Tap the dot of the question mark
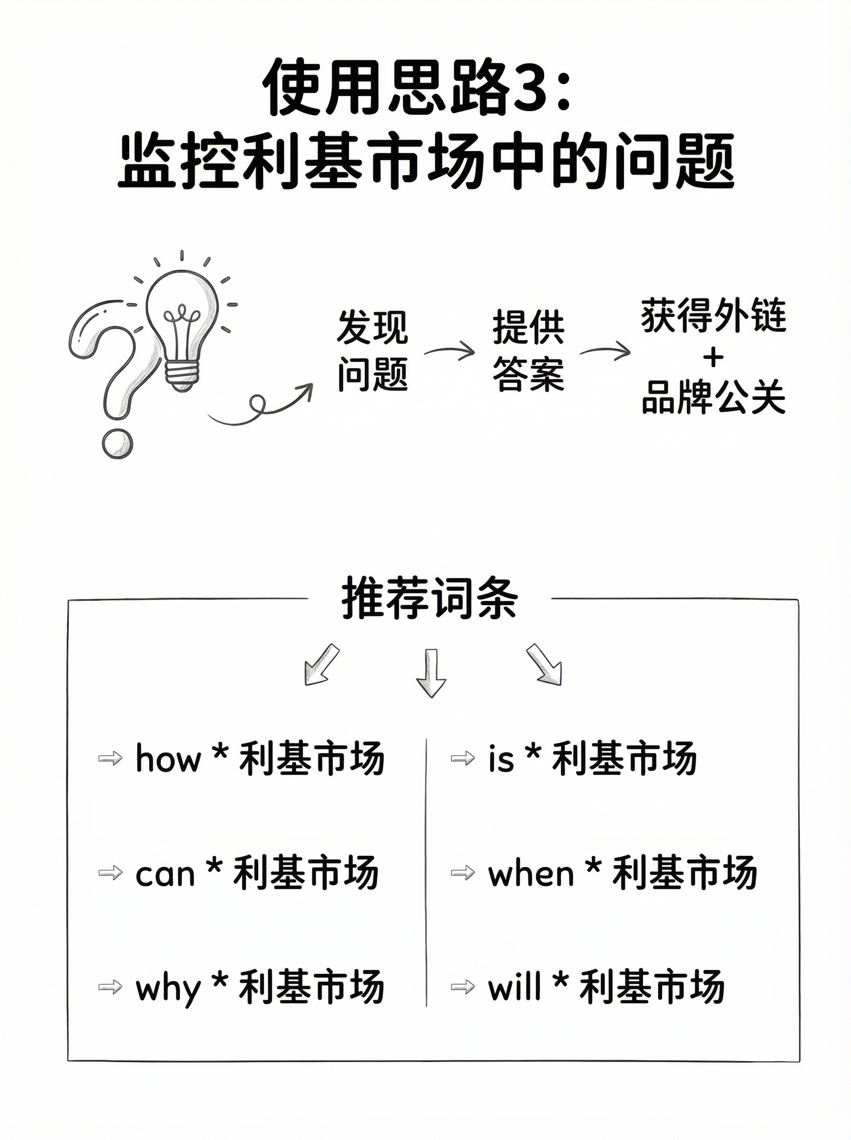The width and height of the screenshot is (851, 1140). pyautogui.click(x=117, y=444)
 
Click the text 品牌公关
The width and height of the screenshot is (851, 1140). pyautogui.click(x=713, y=397)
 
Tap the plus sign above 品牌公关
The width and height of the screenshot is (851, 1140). pyautogui.click(x=713, y=358)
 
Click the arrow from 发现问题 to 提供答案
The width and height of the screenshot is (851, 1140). pyautogui.click(x=450, y=351)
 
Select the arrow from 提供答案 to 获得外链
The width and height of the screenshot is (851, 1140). pyautogui.click(x=605, y=351)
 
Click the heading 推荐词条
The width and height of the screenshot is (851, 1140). pyautogui.click(x=429, y=598)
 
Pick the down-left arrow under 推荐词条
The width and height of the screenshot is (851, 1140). pyautogui.click(x=321, y=665)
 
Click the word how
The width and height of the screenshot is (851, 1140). pyautogui.click(x=168, y=759)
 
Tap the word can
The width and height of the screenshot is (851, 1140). pyautogui.click(x=165, y=874)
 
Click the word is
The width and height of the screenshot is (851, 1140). pyautogui.click(x=501, y=759)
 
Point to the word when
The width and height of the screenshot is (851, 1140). pyautogui.click(x=530, y=874)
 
